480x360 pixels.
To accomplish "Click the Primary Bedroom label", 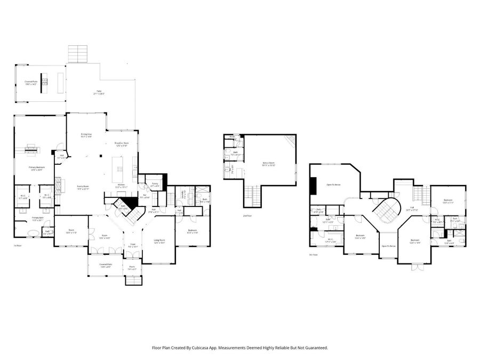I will [36, 168].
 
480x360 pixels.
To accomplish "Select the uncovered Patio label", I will [99, 93].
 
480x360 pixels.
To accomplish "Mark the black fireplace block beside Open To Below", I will [313, 185].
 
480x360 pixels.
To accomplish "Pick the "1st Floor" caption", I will [18, 245].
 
